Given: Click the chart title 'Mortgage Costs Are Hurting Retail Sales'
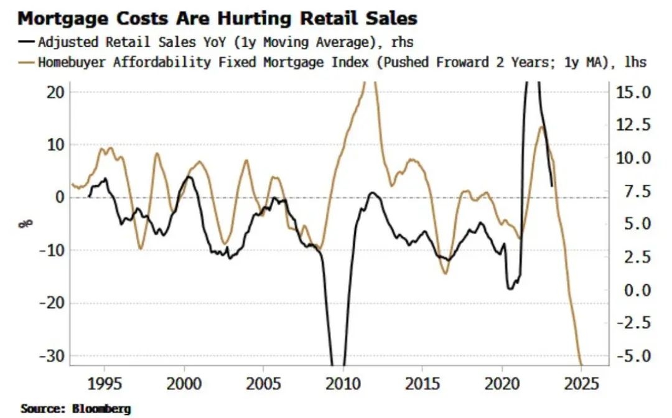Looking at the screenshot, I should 218,19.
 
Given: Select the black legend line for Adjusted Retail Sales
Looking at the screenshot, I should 26,43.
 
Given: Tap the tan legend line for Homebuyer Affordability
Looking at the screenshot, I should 26,62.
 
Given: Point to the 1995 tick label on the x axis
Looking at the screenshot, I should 105,383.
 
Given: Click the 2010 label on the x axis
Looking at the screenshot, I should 343,383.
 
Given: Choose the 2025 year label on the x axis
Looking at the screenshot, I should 581,383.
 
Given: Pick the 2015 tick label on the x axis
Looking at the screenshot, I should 422,383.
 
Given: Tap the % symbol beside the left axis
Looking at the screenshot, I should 27,223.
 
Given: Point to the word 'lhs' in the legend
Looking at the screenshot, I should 635,62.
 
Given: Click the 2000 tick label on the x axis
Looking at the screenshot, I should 184,383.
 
